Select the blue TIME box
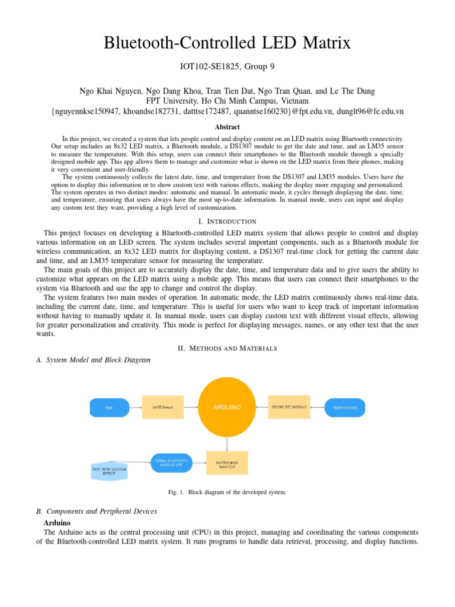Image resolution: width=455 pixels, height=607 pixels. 108,408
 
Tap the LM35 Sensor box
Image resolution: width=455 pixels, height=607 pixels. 162,408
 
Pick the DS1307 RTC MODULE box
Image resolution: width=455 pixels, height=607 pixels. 289,407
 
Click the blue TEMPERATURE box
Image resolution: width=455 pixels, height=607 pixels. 344,408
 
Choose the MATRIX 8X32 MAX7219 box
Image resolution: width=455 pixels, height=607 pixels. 226,463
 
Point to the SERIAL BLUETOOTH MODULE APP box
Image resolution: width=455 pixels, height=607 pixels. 172,463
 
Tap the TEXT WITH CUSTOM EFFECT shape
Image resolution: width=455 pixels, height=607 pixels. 109,472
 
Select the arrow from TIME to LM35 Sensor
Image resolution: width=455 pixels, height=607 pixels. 135,408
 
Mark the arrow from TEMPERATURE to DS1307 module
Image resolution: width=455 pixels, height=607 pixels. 317,407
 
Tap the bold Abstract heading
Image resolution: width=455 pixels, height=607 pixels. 227,127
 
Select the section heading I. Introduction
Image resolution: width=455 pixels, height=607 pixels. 227,221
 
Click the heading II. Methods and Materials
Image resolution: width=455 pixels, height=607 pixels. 227,348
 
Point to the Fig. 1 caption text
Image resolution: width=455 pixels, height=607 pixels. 227,493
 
